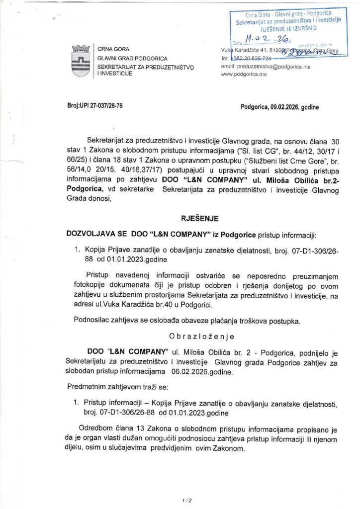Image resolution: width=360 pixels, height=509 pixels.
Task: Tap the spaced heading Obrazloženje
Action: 195,336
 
